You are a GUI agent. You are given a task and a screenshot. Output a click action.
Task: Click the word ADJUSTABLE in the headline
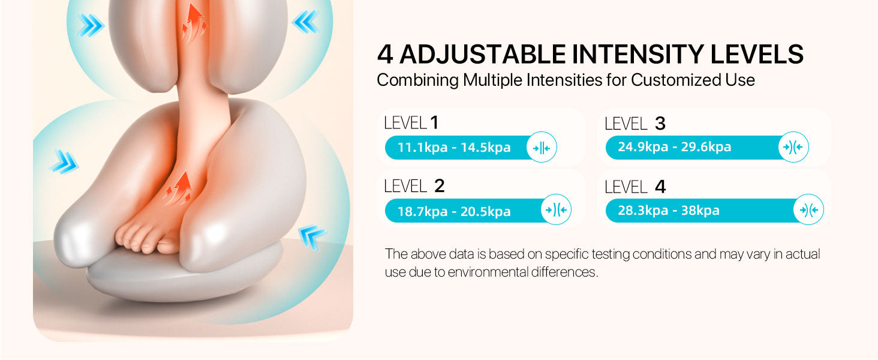pos(483,54)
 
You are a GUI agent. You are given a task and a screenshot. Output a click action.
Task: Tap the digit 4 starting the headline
pos(385,54)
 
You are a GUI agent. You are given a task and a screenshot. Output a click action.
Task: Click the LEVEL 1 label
pos(411,123)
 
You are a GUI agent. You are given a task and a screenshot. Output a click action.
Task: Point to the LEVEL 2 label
pos(414,186)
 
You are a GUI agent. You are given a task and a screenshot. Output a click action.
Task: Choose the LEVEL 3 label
pos(635,124)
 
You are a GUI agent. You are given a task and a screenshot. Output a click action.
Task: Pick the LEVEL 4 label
pos(635,187)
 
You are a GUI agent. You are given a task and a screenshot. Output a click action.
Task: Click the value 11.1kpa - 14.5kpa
pos(454,148)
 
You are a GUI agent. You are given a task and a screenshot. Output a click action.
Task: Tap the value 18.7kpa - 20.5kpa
pos(454,211)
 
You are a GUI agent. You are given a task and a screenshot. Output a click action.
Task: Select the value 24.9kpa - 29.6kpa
pos(675,146)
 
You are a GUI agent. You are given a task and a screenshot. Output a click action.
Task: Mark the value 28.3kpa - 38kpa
pos(669,210)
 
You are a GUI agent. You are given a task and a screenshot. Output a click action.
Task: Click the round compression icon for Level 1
pos(542,147)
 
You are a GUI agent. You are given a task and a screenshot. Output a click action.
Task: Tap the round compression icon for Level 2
pos(556,209)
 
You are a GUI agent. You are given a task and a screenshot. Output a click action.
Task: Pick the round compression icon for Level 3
pos(793,146)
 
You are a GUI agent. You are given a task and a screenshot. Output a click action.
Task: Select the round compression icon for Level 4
pos(808,209)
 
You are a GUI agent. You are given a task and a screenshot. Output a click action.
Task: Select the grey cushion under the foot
pos(184,275)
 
